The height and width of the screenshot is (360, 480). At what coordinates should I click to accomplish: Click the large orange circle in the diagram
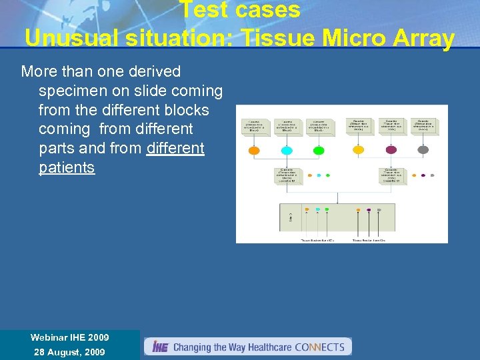point(254,151)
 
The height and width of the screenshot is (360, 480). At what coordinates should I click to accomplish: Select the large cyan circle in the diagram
point(287,151)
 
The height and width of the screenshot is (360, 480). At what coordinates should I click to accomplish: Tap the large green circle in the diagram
point(319,151)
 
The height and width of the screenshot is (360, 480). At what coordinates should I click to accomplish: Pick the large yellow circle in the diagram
point(359,150)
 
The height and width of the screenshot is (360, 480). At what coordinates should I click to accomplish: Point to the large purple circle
point(391,150)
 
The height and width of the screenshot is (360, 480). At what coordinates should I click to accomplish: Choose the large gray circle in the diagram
point(423,150)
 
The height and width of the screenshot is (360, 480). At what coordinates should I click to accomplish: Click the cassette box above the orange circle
point(255,126)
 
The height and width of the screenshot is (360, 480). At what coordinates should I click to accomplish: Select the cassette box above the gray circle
point(423,125)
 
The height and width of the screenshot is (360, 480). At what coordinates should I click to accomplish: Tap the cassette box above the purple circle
point(391,125)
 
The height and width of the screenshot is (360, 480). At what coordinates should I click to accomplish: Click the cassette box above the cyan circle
point(287,126)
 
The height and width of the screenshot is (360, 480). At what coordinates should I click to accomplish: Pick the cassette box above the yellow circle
point(359,125)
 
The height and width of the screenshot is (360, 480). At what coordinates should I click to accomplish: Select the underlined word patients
point(67,167)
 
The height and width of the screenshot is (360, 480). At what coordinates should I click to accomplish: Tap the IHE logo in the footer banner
point(160,347)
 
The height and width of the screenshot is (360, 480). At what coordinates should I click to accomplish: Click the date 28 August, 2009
point(69,352)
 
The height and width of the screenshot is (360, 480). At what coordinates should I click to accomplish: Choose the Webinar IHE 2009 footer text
point(69,337)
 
